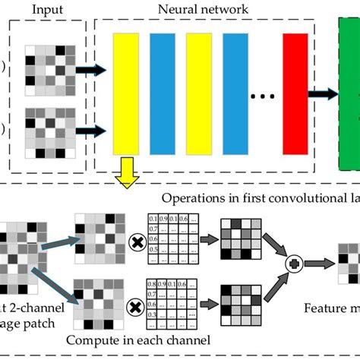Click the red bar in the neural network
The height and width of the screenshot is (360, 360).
click(x=294, y=93)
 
